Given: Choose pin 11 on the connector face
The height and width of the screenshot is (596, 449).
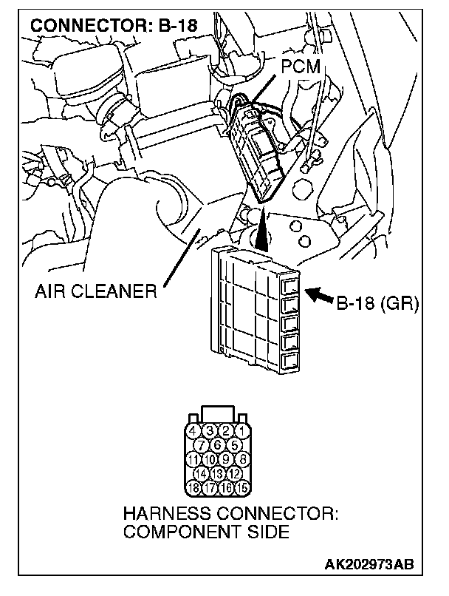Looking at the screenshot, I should pyautogui.click(x=193, y=458).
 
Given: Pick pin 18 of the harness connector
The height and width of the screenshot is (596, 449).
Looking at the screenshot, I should pyautogui.click(x=193, y=487).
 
